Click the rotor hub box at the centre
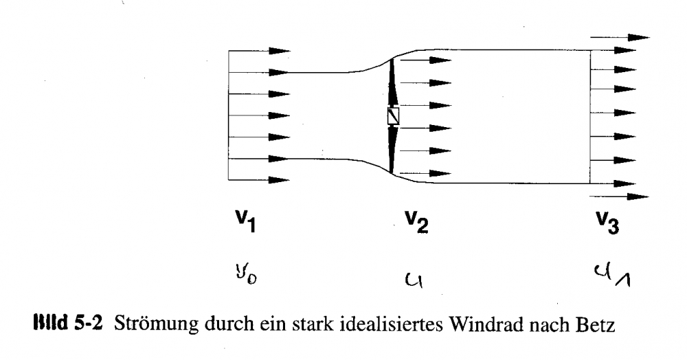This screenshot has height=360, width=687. (394, 117)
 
